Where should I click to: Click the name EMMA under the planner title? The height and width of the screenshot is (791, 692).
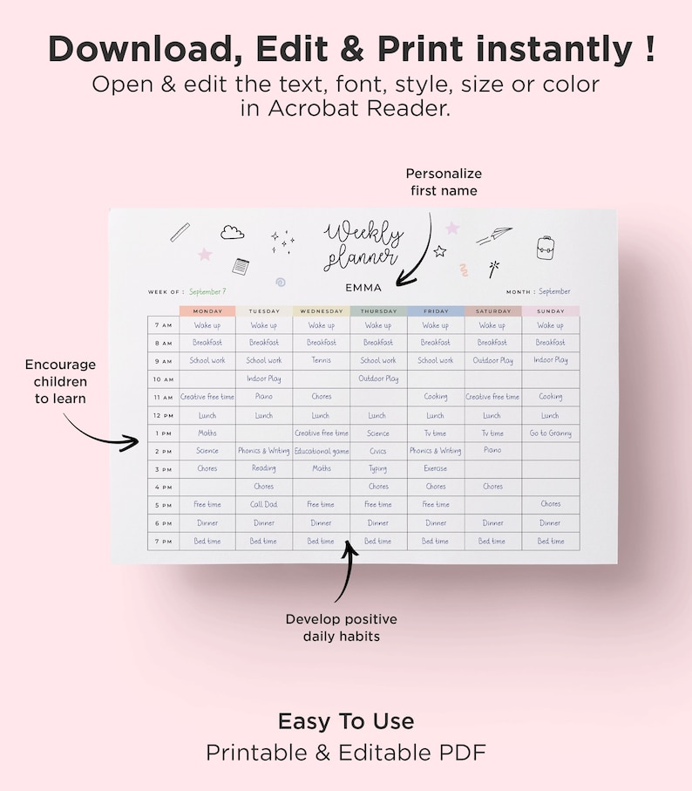363,288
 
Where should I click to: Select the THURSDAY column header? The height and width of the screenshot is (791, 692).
378,311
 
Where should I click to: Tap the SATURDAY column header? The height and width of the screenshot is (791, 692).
493,311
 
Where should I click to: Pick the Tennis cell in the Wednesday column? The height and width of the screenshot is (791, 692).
321,360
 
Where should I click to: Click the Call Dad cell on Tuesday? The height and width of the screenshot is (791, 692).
264,504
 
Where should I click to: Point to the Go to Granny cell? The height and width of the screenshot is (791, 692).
550,433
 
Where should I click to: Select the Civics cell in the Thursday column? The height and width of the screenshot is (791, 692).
378,451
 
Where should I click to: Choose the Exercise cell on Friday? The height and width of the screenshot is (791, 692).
435,468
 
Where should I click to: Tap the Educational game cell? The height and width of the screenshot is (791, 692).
321,451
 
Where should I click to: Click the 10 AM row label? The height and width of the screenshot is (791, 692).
163,379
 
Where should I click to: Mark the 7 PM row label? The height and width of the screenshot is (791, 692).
163,542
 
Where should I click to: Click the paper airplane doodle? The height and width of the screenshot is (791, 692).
494,235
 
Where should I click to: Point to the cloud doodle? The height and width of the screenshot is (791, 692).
232,232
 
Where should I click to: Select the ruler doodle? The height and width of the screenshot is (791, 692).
180,232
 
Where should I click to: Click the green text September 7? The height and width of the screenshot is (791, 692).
207,291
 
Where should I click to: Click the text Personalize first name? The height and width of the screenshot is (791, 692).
444,181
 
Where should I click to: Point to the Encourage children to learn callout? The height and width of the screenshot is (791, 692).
60,381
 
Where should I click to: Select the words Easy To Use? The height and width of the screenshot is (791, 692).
346,721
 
